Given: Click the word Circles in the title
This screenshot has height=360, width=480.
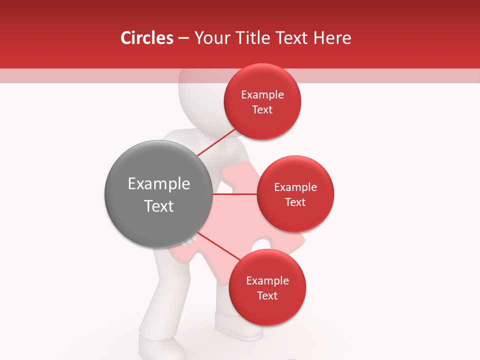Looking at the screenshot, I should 147,38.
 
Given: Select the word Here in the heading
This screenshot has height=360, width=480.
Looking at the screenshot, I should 332,38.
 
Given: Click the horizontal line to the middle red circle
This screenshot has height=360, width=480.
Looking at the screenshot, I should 234,194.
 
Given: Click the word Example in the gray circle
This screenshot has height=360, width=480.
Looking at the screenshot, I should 159,184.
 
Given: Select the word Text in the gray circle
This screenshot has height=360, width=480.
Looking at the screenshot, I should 159,206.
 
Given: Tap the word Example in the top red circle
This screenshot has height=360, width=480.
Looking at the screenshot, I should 262,95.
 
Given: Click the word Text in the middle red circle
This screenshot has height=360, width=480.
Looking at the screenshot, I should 295,202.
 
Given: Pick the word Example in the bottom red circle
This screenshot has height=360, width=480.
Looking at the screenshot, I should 267,281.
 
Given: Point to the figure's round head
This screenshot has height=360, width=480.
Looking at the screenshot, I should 200,100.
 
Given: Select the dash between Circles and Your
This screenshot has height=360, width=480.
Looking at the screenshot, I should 183,38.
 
